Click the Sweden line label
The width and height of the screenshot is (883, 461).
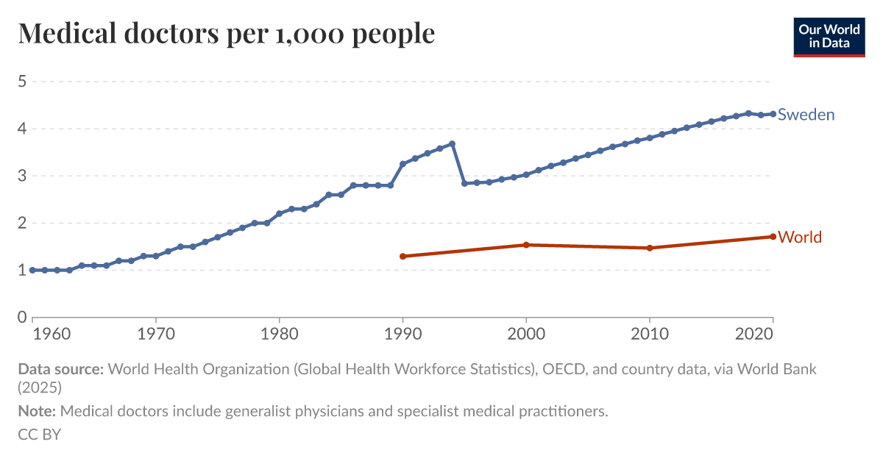(x=806, y=115)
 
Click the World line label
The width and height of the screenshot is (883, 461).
(x=800, y=237)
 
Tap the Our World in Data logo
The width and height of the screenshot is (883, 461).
(x=829, y=37)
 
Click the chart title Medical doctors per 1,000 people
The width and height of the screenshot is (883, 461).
(x=227, y=33)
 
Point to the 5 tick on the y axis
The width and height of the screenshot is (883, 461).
(x=22, y=82)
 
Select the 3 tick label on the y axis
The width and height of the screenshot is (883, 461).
(x=22, y=176)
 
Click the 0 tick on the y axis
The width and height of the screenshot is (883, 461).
(x=22, y=317)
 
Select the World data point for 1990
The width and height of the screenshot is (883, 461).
(x=403, y=256)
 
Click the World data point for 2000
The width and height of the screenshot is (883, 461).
(x=526, y=245)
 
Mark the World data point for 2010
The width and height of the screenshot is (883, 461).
(x=650, y=248)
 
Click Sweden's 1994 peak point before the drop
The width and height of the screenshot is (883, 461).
(x=452, y=144)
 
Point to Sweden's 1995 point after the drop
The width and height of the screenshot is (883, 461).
(x=464, y=183)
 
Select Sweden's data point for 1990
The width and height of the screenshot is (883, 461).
(x=403, y=164)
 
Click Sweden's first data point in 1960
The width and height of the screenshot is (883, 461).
(x=32, y=270)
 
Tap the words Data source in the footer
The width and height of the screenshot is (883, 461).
(x=60, y=369)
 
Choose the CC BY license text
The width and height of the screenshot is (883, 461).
(x=39, y=435)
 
